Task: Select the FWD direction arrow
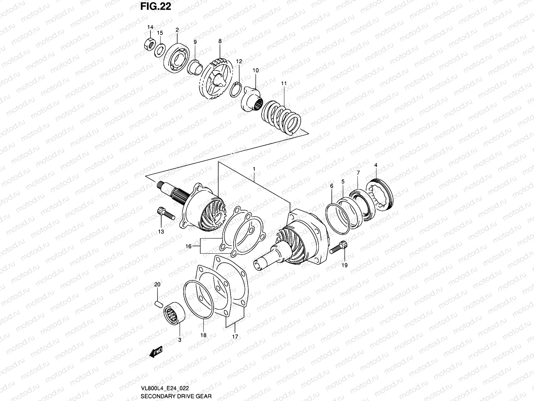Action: point(156,352)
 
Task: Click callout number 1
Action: point(254,169)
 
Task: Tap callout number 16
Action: point(189,246)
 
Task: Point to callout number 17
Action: point(235,337)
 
